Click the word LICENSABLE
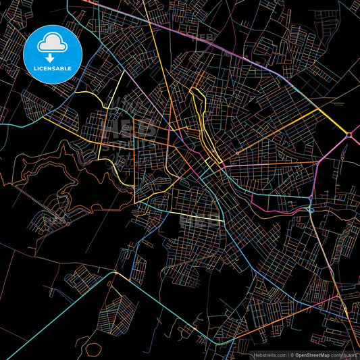tap(52, 68)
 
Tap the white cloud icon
tap(52, 43)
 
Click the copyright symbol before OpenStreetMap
tap(292, 354)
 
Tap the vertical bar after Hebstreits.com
tap(288, 354)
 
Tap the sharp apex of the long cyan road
tap(113, 276)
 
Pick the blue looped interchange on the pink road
tap(309, 209)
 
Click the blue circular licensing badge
tap(52, 54)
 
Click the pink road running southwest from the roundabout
tap(331, 152)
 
